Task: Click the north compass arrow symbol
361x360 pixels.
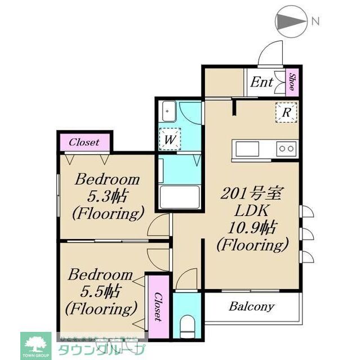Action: coord(289,22)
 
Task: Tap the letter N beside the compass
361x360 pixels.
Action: coord(315,22)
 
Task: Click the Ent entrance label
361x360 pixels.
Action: coord(261,83)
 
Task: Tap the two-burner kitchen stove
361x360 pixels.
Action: coord(286,148)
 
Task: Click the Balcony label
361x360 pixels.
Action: coord(251,307)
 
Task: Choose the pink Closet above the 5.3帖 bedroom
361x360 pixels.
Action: coord(84,142)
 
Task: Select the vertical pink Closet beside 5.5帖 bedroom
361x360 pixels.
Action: coord(158,307)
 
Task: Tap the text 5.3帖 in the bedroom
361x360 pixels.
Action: coord(108,197)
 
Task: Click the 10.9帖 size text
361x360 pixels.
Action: coord(253,228)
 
